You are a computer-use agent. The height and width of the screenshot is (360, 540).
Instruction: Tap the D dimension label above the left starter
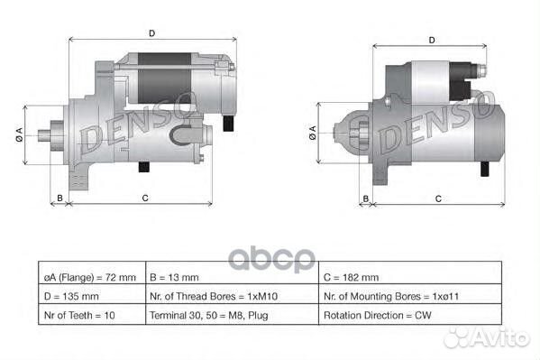[x=151, y=33]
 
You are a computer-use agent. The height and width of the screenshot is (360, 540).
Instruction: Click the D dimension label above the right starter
[x=432, y=40]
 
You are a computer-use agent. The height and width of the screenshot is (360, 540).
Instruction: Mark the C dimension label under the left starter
[x=145, y=197]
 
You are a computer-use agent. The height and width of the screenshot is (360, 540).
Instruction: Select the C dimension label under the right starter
[x=437, y=197]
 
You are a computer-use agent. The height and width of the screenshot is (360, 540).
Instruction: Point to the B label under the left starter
[x=59, y=197]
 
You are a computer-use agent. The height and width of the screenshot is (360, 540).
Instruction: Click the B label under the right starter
[x=366, y=197]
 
